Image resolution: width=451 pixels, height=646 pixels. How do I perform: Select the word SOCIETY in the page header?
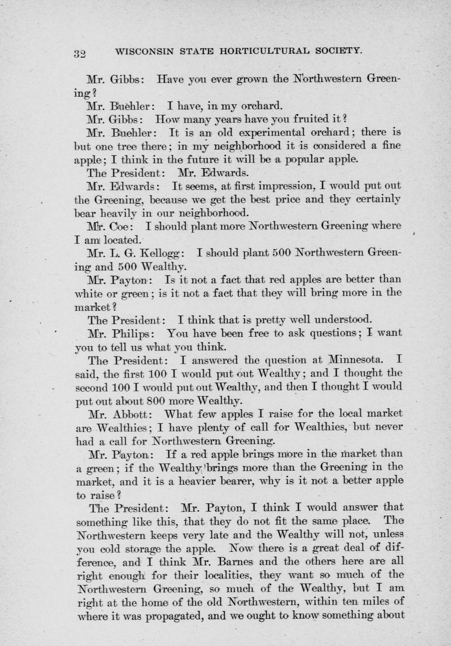coord(338,50)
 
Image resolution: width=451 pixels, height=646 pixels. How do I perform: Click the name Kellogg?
coord(161,253)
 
